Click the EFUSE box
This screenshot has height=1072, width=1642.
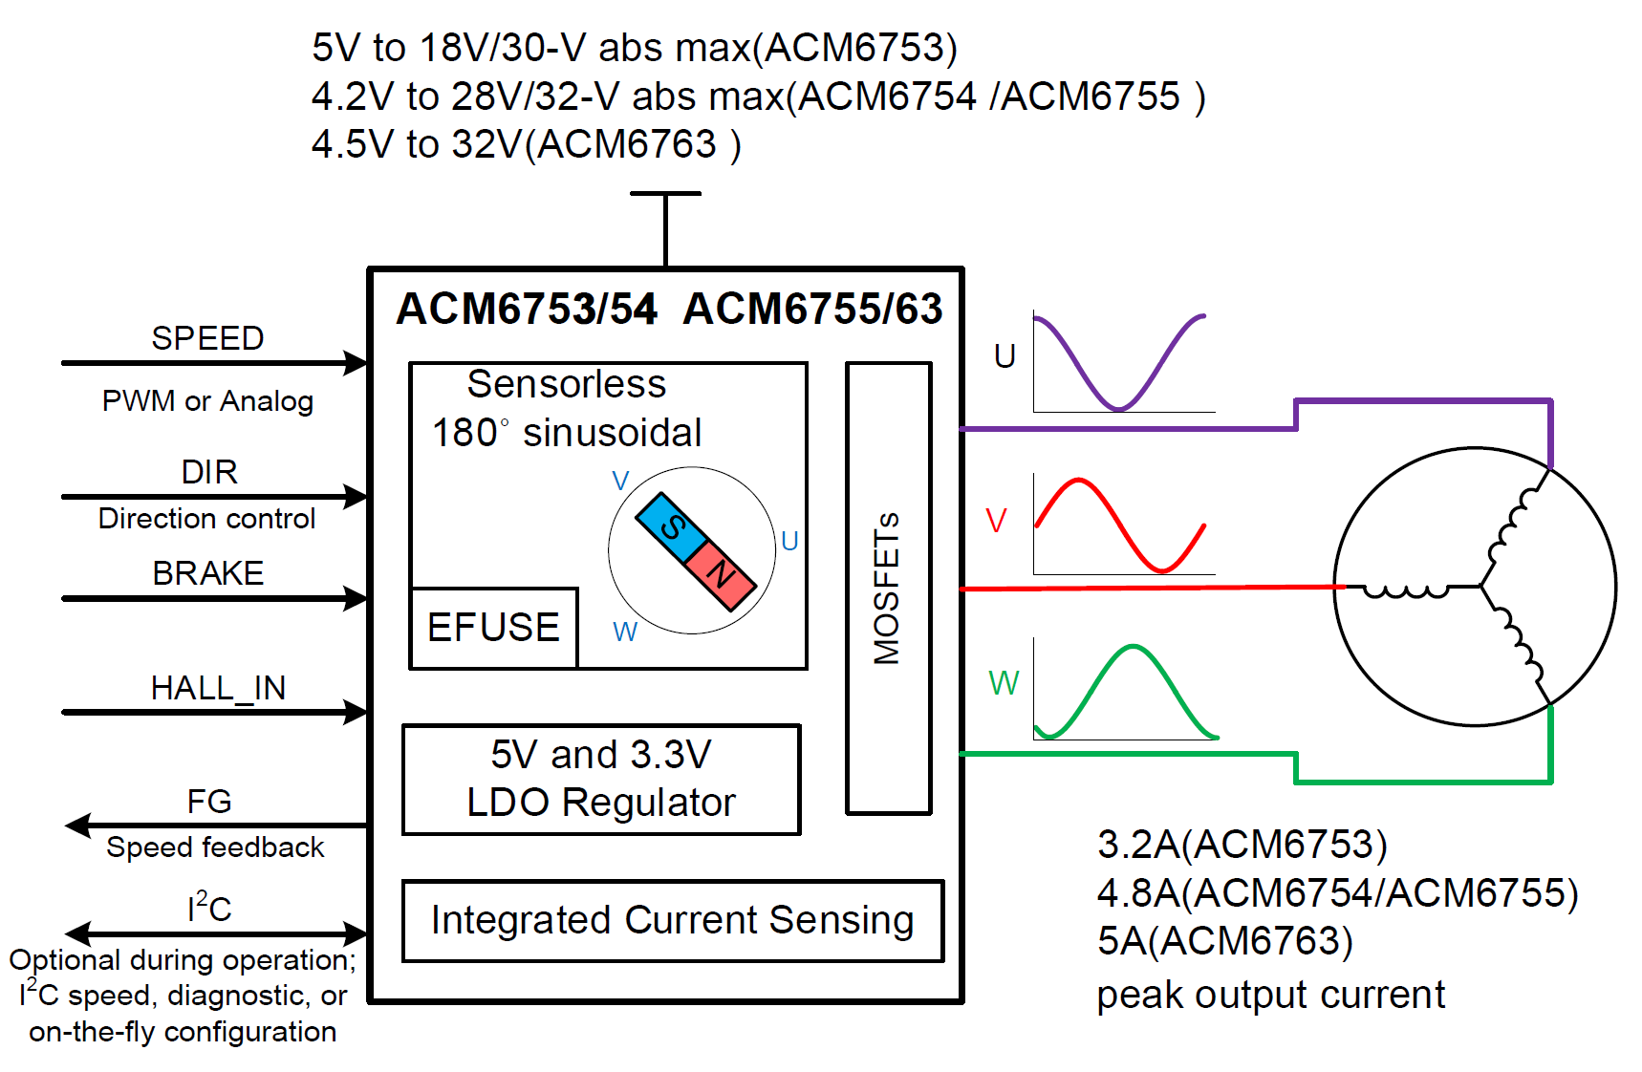[x=493, y=628]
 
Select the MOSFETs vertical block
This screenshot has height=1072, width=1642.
[x=888, y=588]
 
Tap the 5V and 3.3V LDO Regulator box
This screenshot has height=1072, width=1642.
[x=601, y=779]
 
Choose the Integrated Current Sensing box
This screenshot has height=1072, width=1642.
[x=673, y=920]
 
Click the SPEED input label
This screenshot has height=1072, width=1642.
[x=207, y=338]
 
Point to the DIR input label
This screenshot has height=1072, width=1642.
[x=209, y=472]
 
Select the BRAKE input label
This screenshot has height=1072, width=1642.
[x=208, y=573]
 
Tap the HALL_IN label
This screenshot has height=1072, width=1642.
[x=218, y=688]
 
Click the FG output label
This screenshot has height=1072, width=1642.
[x=209, y=802]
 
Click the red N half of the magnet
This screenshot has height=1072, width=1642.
[x=721, y=573]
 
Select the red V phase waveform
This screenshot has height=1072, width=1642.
[x=1119, y=525]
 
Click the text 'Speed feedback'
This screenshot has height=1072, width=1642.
[x=215, y=847]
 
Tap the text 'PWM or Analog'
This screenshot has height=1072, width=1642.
[x=207, y=401]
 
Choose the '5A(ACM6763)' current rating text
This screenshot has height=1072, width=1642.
[x=1224, y=941]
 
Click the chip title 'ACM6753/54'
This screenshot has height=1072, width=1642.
[x=527, y=309]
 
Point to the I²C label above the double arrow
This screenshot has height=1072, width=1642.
[x=209, y=907]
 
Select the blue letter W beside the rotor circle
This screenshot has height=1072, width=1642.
[x=625, y=632]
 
